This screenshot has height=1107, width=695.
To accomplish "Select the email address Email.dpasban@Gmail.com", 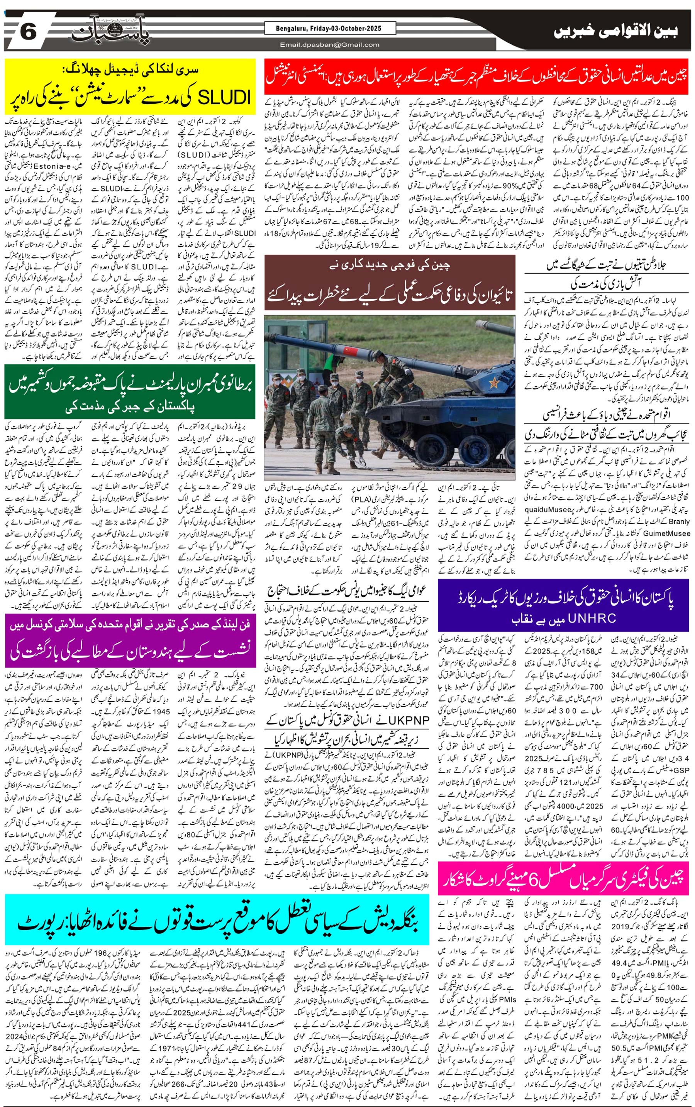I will point(330,44).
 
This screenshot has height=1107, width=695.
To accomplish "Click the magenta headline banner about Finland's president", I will point(130,640).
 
